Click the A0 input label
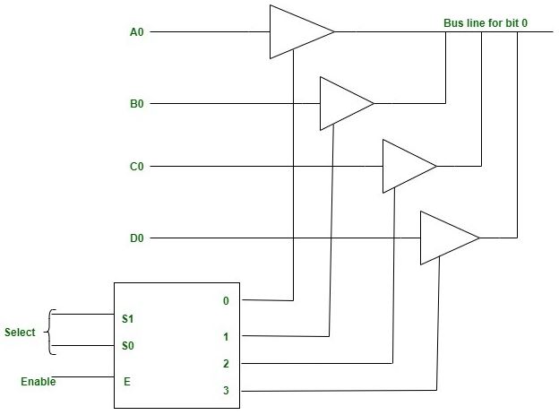137,32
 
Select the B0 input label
137,104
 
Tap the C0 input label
137,167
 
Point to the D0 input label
137,238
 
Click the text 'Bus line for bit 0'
485,22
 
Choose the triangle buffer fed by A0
296,32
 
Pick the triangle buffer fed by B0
343,104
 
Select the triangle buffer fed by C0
405,167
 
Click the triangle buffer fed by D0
445,238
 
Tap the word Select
20,333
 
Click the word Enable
38,382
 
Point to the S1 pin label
128,318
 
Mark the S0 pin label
128,345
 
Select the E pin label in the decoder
126,382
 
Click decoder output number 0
225,301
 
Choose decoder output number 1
225,337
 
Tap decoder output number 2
225,364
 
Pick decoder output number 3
225,391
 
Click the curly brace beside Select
49,332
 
